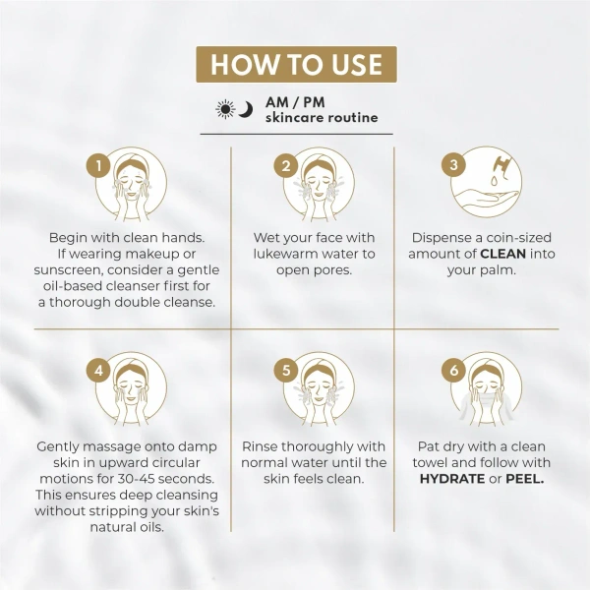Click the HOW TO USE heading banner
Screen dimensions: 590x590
tap(296, 64)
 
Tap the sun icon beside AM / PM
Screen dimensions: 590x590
tap(225, 109)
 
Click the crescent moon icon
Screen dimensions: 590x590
tap(246, 109)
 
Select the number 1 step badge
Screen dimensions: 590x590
tap(98, 165)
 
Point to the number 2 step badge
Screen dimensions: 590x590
tap(286, 165)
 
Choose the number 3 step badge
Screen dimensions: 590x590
tap(453, 165)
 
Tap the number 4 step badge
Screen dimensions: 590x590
tap(98, 371)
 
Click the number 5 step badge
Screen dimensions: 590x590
tap(286, 371)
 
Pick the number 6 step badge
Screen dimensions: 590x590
tap(453, 371)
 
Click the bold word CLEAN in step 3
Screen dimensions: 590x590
tap(503, 254)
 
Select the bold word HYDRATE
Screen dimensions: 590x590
tap(452, 479)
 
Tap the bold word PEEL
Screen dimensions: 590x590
tap(525, 479)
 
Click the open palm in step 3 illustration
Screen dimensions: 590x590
tap(486, 199)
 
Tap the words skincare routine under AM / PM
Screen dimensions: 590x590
tap(322, 118)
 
